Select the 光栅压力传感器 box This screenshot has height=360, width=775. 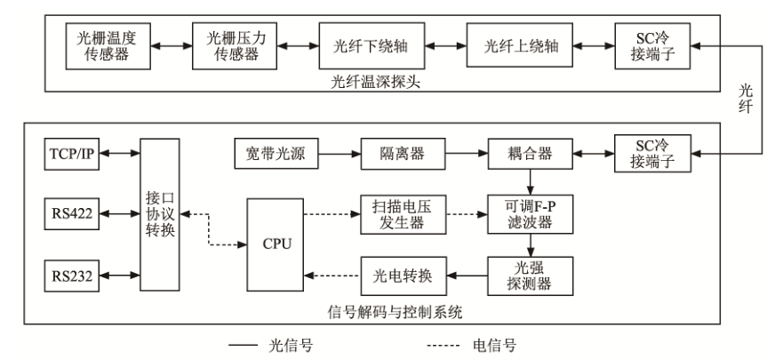pyautogui.click(x=233, y=45)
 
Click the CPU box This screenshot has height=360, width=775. pyautogui.click(x=275, y=244)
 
